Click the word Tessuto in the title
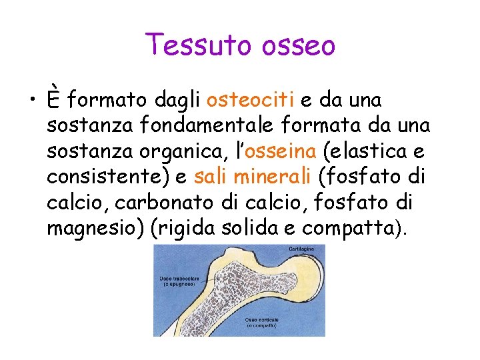[x=190, y=45]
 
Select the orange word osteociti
[x=251, y=101]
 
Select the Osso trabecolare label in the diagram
[x=175, y=281]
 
